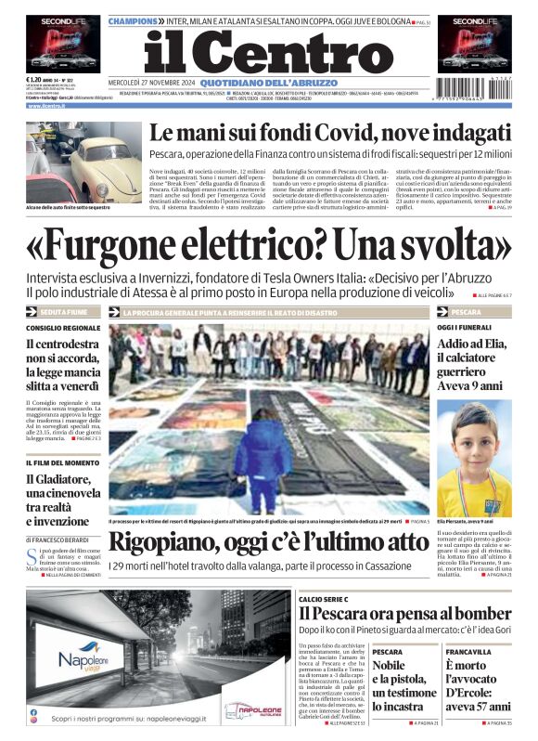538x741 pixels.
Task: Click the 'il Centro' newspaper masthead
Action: [268, 55]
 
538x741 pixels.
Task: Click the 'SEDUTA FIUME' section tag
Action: [63, 312]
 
